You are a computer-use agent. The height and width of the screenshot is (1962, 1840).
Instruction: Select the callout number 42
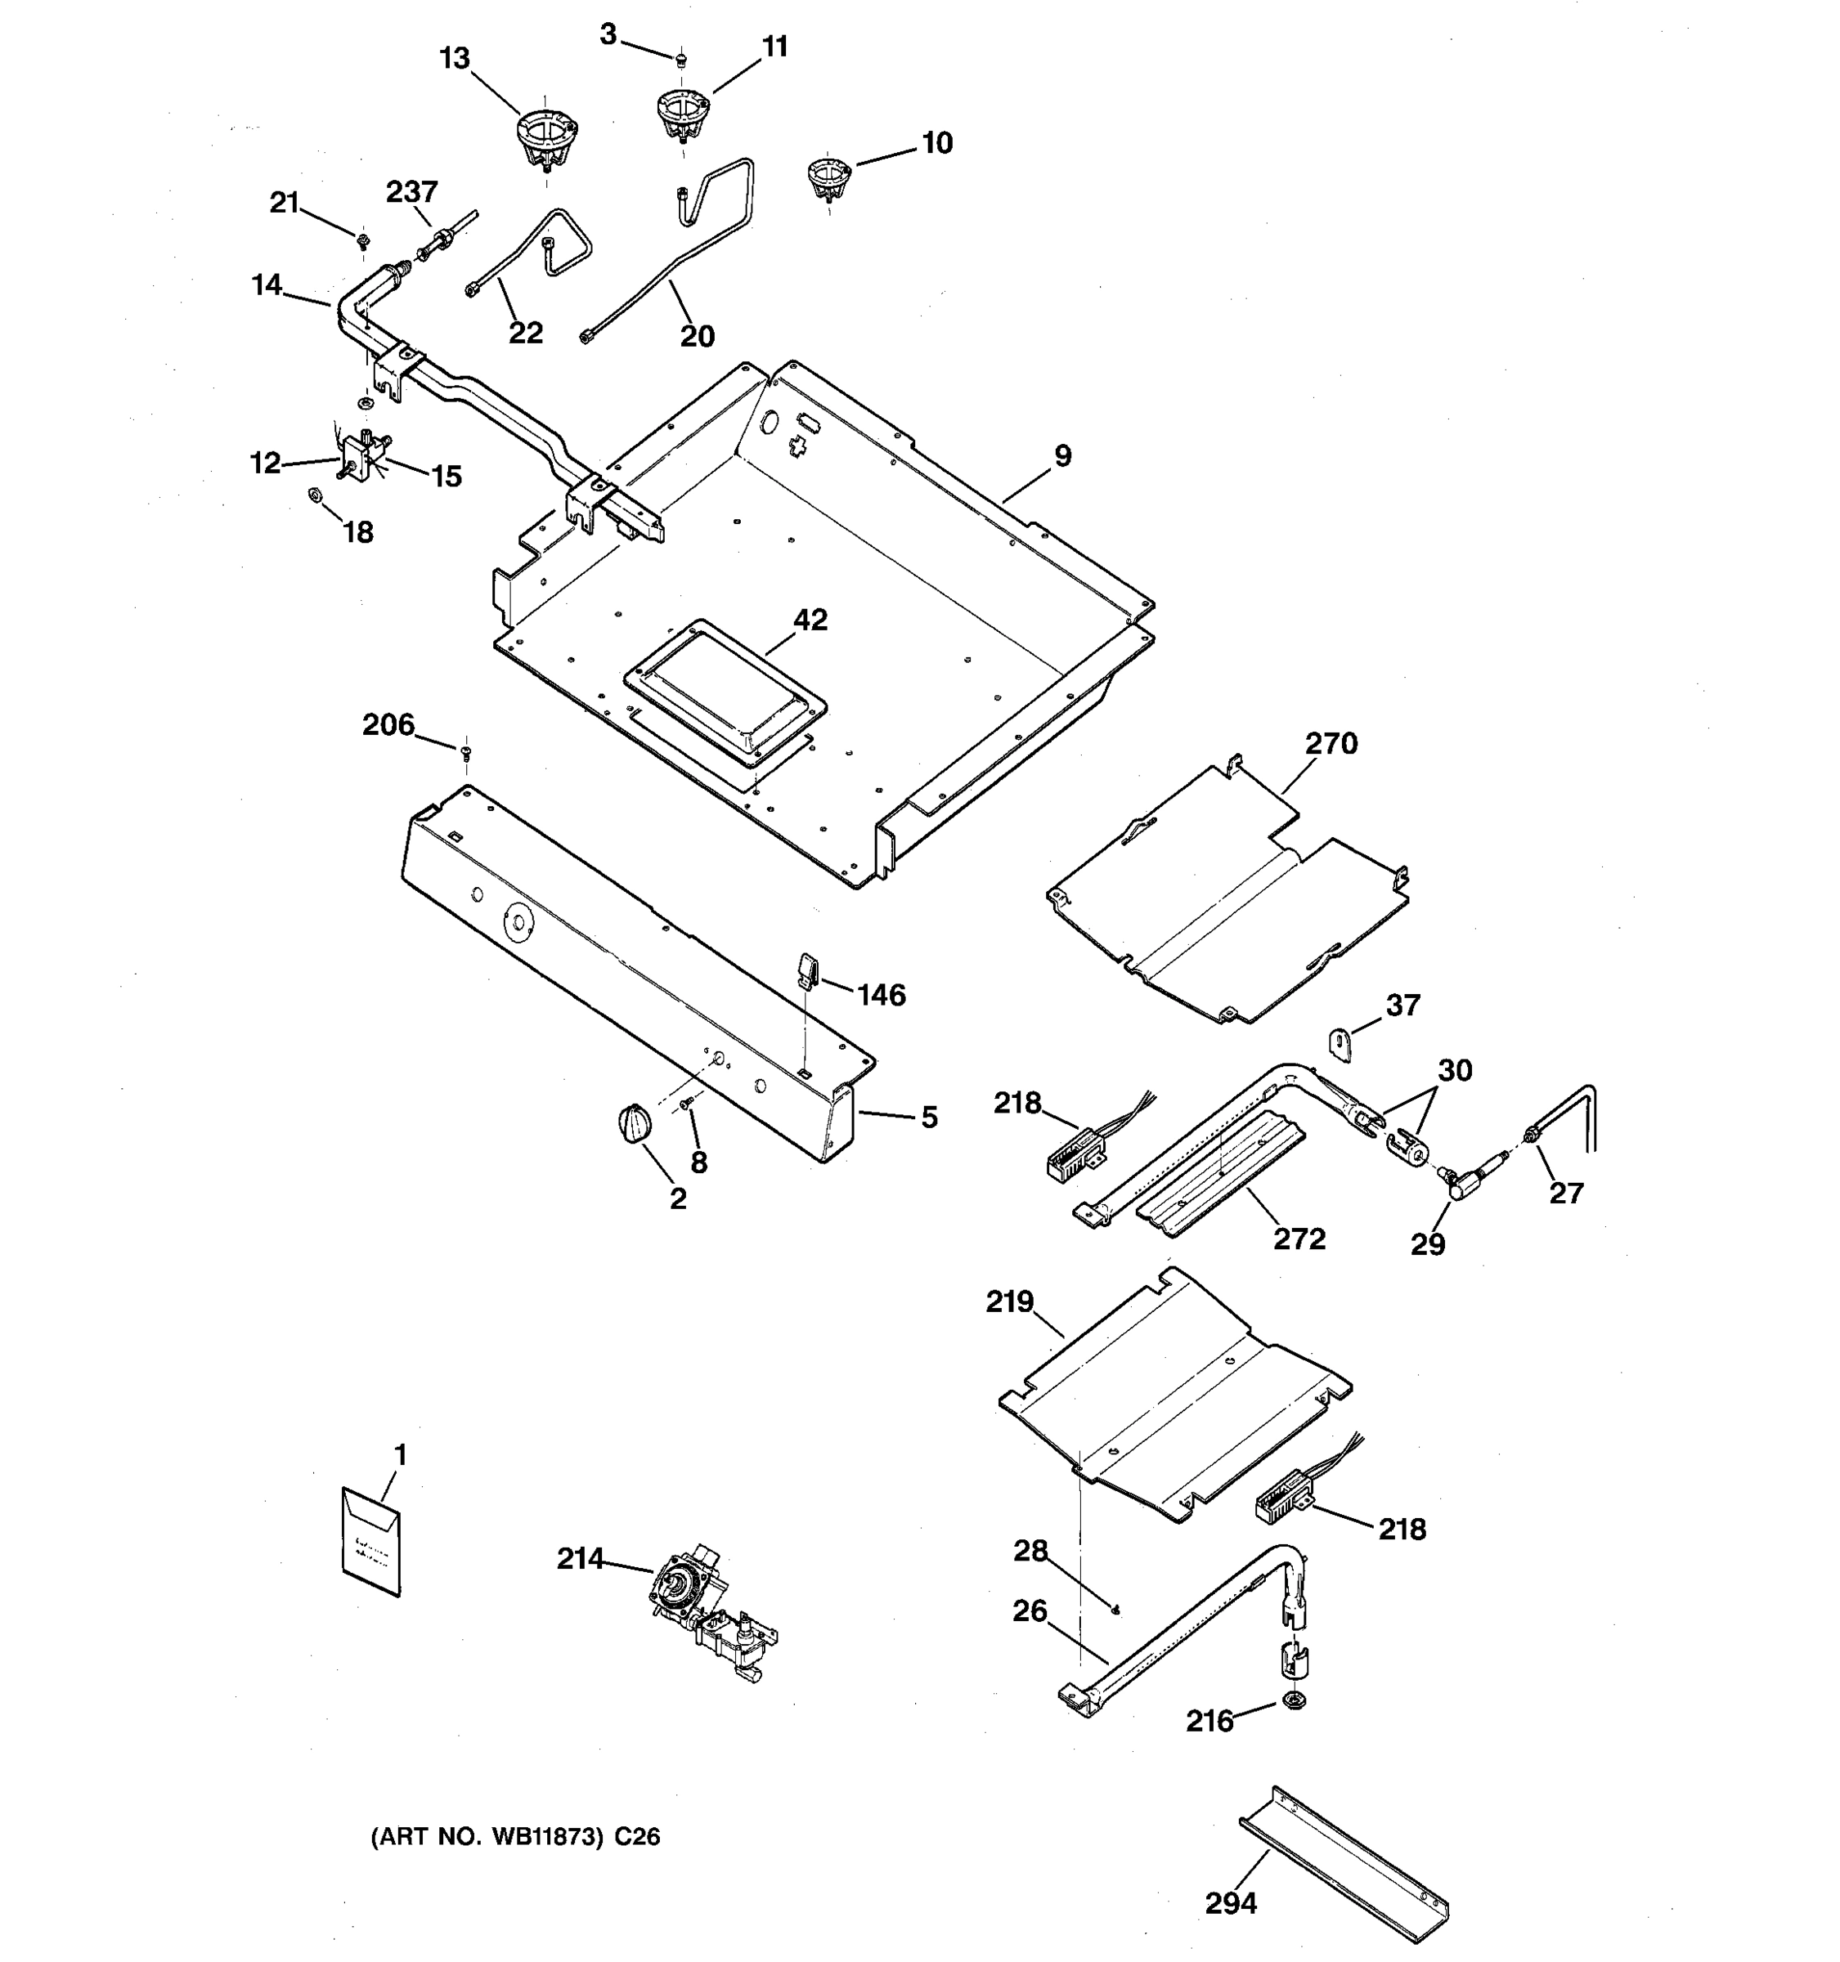(x=810, y=620)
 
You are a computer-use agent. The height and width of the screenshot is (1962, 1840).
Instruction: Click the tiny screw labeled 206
(x=467, y=753)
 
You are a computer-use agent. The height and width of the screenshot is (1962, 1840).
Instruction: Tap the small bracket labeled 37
(x=1340, y=1043)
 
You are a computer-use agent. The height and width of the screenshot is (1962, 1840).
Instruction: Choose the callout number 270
(x=1331, y=743)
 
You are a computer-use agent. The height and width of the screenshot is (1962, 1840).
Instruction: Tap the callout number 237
(x=411, y=191)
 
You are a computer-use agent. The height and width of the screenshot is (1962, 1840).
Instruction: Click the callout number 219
(x=1009, y=1301)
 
